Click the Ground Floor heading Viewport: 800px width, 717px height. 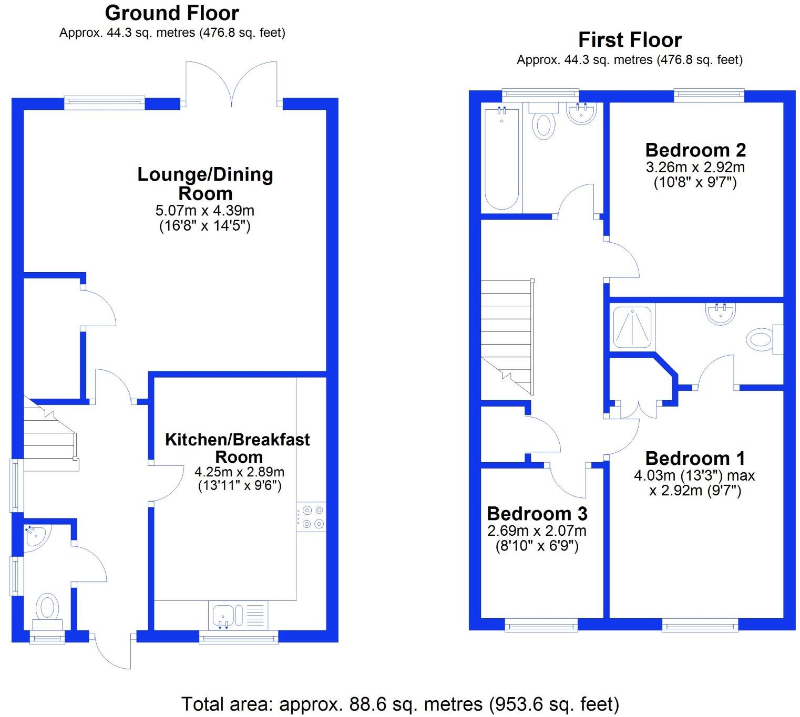tap(172, 13)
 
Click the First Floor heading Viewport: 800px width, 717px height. tap(630, 40)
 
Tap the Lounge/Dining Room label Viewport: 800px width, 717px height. tap(205, 184)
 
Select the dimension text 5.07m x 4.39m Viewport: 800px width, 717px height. tap(205, 211)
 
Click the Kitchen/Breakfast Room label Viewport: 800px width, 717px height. tap(238, 448)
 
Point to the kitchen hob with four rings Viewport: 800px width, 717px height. tap(311, 516)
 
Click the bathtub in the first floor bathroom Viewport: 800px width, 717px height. tap(502, 158)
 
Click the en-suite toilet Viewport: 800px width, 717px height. tap(763, 340)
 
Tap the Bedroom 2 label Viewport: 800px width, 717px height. tap(695, 150)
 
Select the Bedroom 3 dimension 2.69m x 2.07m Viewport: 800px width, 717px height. tap(537, 531)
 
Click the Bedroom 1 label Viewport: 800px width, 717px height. tap(695, 459)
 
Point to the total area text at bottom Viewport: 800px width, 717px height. tap(400, 704)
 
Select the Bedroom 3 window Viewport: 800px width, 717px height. tap(541, 625)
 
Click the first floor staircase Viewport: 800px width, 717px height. tap(506, 336)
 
